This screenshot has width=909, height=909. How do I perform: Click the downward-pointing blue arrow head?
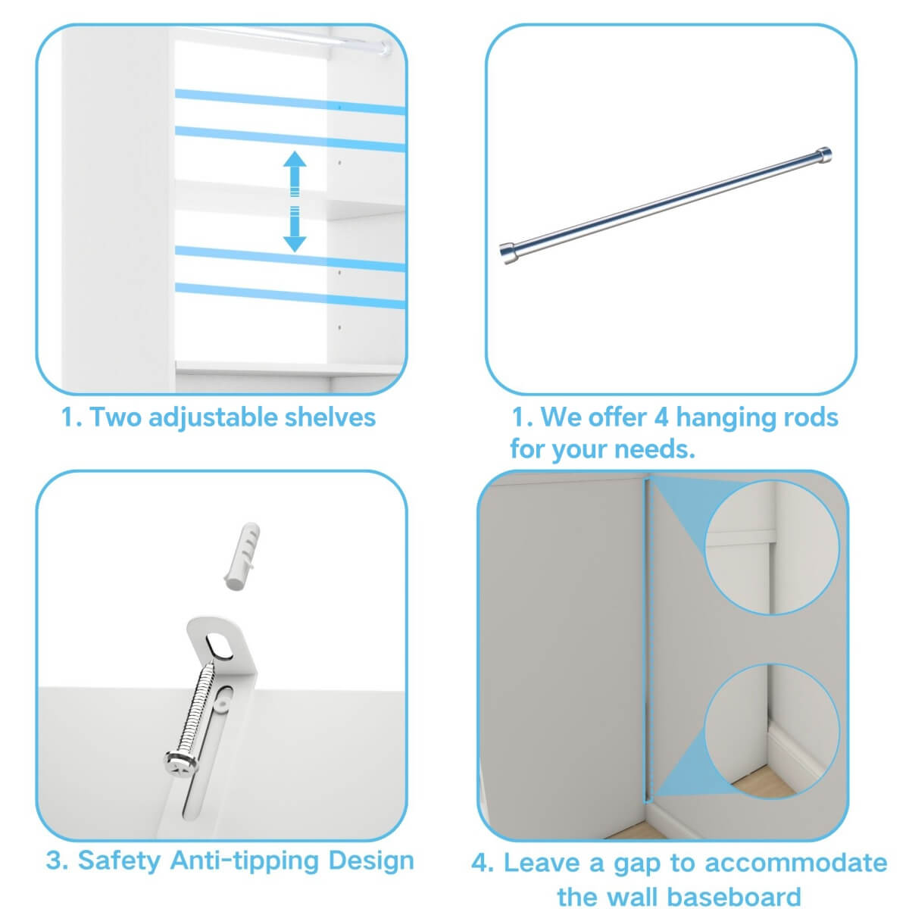[x=295, y=242]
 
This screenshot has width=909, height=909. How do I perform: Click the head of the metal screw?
[x=180, y=762]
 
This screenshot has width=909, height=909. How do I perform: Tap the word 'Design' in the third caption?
[x=371, y=861]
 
